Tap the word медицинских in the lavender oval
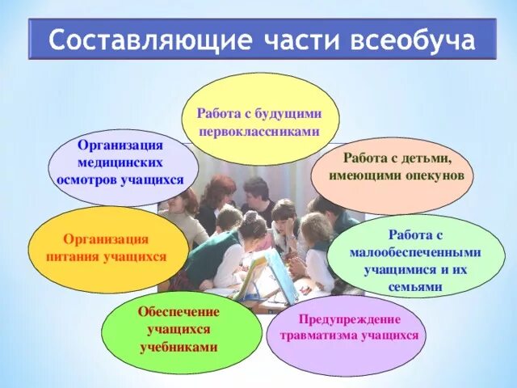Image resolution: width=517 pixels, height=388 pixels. click(121, 162)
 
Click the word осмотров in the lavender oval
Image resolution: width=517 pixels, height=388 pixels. click(88, 179)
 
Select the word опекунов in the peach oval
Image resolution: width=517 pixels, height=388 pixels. click(433, 174)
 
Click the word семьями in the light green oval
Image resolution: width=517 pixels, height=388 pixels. click(415, 286)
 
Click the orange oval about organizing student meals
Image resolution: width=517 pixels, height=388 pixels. click(96, 248)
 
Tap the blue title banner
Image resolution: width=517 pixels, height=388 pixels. click(258, 40)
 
